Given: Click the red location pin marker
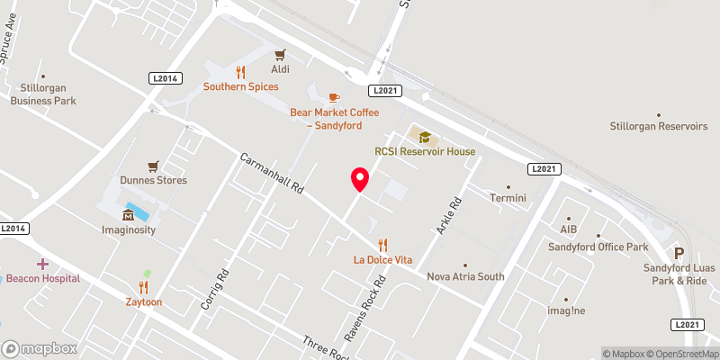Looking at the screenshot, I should (x=359, y=180).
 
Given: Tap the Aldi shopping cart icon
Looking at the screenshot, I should (x=281, y=54).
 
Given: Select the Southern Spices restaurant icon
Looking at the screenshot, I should (x=240, y=72).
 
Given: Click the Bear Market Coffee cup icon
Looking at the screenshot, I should (x=334, y=96).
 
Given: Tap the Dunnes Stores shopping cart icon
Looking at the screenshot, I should (x=154, y=166).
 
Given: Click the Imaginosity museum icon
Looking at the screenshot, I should (x=128, y=214).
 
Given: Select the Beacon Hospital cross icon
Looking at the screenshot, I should (x=41, y=264).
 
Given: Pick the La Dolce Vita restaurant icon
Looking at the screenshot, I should (x=382, y=244).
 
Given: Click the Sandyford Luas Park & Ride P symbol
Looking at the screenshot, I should (x=679, y=254).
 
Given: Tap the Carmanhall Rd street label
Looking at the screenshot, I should (x=274, y=175).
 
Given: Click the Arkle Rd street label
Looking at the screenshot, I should (x=448, y=215).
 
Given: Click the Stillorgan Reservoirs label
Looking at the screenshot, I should (x=660, y=127).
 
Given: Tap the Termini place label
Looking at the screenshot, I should (x=508, y=197).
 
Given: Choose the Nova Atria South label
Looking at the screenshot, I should (x=465, y=277).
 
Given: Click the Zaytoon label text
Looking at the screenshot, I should (x=144, y=302).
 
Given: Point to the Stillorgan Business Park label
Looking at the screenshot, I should (x=45, y=94).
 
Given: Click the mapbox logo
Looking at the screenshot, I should (x=40, y=348).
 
